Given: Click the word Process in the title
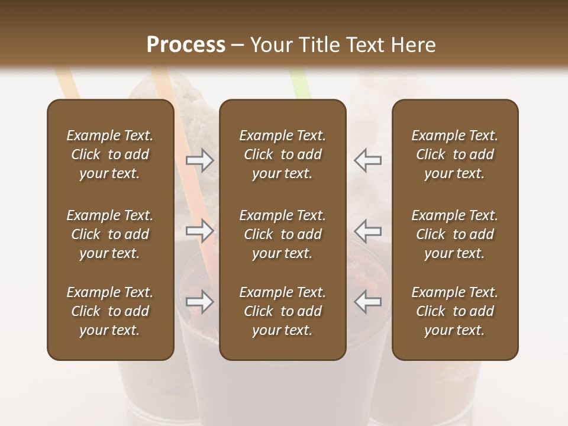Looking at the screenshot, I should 186,45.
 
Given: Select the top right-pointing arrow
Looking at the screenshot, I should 200,160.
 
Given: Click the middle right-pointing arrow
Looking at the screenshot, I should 200,231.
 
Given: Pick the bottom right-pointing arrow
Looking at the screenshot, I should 200,302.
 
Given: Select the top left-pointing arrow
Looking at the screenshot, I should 367,160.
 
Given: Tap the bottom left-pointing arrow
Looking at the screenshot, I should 367,302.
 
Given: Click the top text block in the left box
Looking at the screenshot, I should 110,154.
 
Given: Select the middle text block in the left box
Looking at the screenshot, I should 110,234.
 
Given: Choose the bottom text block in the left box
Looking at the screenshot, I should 110,311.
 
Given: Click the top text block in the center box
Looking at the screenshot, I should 283,154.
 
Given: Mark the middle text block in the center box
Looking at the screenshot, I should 283,234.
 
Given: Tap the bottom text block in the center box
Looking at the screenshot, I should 283,311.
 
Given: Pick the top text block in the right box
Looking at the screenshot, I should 455,154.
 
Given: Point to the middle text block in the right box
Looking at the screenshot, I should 455,234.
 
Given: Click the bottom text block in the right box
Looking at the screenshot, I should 455,311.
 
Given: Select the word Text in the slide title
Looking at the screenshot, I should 366,45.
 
